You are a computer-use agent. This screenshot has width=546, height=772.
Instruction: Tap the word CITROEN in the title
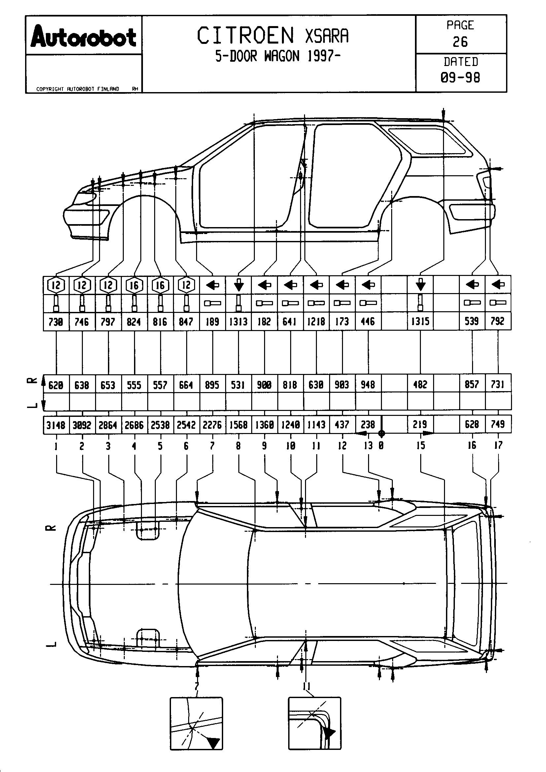[x=245, y=36]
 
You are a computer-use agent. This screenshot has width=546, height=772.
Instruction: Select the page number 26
[x=460, y=42]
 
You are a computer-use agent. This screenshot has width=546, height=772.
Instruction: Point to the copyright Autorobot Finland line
[x=78, y=89]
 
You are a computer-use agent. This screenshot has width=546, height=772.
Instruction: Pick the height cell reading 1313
[x=238, y=322]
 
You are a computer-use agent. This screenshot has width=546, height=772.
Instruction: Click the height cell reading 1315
[x=420, y=321]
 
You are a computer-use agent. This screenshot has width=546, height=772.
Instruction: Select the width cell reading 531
[x=238, y=385]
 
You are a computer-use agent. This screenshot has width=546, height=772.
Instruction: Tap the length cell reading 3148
[x=56, y=425]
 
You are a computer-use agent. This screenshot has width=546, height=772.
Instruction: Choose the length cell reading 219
[x=420, y=424]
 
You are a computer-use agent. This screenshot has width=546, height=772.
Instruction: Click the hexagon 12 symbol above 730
[x=56, y=285]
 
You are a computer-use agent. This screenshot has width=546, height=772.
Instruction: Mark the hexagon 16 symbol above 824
[x=134, y=285]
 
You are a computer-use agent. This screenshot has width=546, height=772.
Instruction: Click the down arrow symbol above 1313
[x=239, y=285]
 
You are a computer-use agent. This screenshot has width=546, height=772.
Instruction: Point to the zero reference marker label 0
[x=381, y=446]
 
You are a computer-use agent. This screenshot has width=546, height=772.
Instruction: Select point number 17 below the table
[x=498, y=446]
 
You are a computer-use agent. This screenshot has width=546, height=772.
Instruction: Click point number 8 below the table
[x=238, y=446]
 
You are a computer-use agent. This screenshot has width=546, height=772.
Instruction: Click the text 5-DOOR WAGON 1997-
[x=278, y=56]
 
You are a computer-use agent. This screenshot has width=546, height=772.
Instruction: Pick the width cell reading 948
[x=368, y=385]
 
